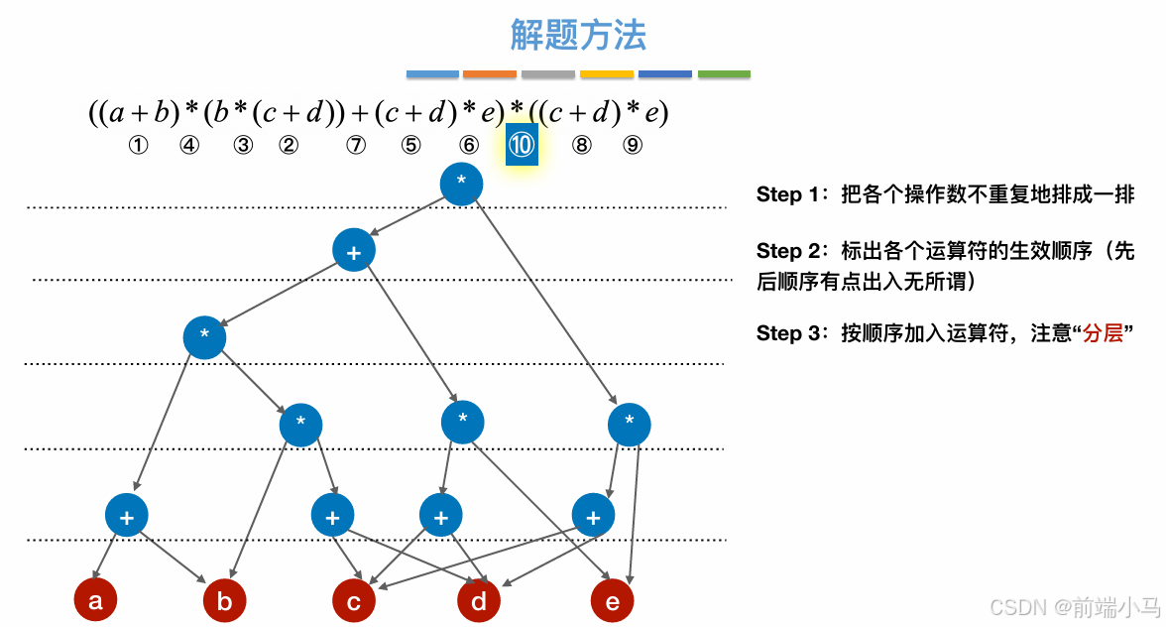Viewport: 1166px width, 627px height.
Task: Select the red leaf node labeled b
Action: [224, 600]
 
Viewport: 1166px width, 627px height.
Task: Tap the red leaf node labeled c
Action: [354, 600]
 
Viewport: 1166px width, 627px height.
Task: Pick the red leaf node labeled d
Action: [479, 600]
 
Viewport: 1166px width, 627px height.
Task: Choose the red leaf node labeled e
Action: [612, 600]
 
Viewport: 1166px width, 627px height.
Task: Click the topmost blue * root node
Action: [461, 184]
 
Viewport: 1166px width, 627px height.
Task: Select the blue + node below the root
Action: [354, 252]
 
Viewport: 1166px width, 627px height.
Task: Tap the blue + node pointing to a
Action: [127, 516]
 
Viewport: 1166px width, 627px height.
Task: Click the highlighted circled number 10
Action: [522, 145]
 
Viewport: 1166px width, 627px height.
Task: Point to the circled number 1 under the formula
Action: [138, 145]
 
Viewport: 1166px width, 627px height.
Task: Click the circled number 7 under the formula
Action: [356, 145]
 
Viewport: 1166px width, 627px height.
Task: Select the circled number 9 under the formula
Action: [633, 145]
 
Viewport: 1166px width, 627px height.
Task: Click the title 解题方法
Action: [578, 36]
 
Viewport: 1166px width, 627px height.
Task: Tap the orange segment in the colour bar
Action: [490, 74]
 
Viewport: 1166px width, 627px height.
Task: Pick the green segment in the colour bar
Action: [724, 74]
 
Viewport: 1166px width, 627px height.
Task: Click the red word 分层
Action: [1103, 333]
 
